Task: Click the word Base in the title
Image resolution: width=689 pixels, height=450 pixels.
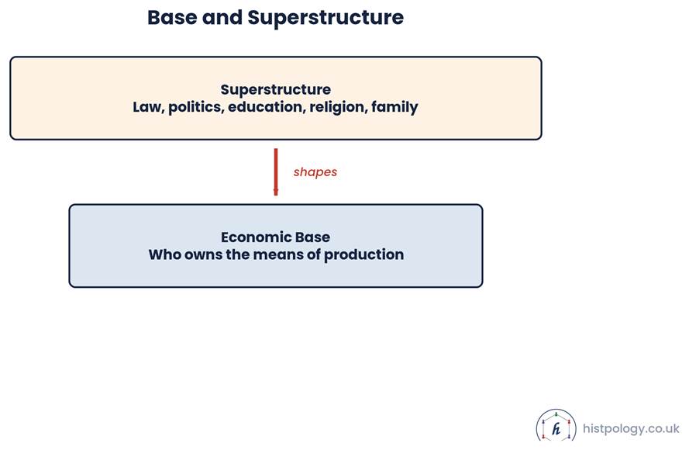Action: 172,18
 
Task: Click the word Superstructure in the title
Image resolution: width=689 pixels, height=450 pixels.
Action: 326,19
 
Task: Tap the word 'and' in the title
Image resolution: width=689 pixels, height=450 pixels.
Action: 222,18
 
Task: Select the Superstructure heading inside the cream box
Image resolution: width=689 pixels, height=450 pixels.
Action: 275,90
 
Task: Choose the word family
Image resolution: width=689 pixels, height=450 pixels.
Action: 394,107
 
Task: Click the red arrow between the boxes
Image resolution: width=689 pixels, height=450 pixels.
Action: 276,172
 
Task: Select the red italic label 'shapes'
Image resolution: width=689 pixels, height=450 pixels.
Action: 315,172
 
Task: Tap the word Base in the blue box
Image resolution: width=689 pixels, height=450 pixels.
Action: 312,237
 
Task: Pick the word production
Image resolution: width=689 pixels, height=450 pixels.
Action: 363,255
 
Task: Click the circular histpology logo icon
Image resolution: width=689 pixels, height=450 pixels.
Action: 556,425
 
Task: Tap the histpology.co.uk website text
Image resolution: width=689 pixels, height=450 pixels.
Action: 631,428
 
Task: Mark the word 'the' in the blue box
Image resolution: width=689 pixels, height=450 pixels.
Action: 238,254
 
